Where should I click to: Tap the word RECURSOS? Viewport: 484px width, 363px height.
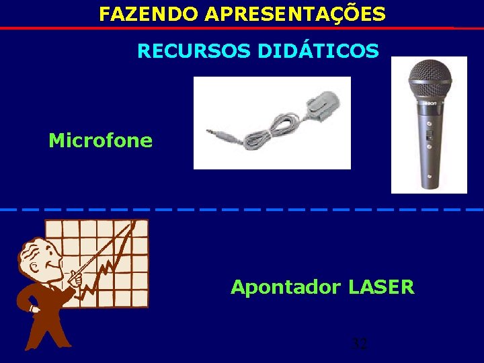point(194,51)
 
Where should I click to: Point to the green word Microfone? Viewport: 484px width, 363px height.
point(100,141)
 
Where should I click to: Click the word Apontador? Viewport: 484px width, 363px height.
point(286,288)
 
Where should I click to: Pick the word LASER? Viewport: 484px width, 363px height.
point(381,288)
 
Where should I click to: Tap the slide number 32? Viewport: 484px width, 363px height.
point(360,345)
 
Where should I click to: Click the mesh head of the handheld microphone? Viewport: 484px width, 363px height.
point(430,79)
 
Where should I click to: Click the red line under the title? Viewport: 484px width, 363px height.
point(242,28)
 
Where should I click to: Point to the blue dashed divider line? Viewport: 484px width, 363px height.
point(242,210)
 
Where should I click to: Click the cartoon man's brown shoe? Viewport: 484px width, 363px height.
point(32,344)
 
